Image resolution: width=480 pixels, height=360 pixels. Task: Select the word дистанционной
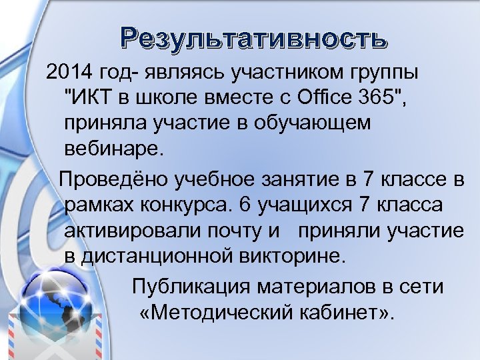(145, 255)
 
